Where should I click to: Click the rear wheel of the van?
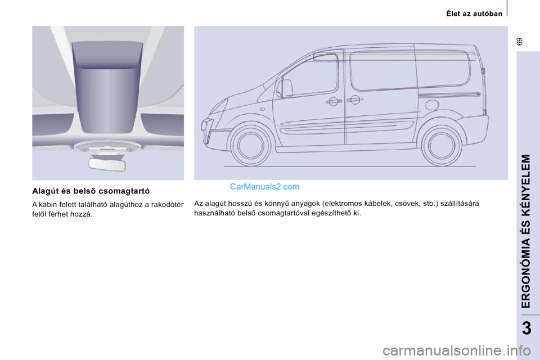442,144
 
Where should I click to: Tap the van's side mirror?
286,88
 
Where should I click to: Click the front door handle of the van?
332,102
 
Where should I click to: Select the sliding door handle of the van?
354,100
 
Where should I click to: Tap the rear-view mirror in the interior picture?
107,164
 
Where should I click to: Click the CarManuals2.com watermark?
264,186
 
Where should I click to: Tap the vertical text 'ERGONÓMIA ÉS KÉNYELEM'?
525,231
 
